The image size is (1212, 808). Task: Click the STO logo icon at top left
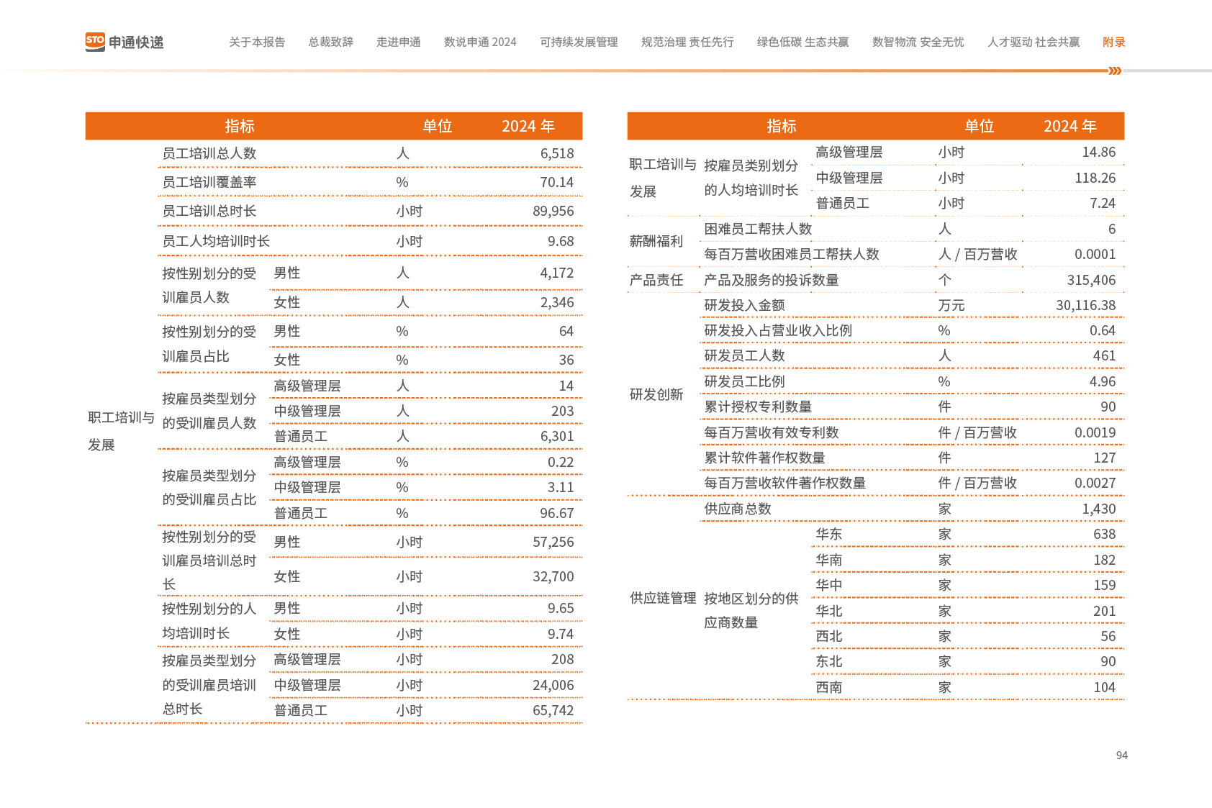(x=95, y=42)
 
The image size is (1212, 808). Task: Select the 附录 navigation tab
(x=1113, y=42)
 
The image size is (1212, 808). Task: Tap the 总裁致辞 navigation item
(x=330, y=42)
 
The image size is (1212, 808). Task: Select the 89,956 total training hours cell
(x=553, y=212)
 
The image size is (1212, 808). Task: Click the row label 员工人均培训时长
(x=216, y=242)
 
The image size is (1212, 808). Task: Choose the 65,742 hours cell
(x=553, y=711)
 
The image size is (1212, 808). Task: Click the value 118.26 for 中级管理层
(x=1095, y=178)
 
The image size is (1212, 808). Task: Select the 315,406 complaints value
(x=1091, y=281)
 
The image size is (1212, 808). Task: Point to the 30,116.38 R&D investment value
(x=1085, y=306)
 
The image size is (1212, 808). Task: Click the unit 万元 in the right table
(x=951, y=306)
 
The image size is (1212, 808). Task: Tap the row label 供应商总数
(x=737, y=509)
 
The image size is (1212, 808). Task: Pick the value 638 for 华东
(x=1104, y=535)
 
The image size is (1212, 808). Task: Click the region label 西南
(x=828, y=688)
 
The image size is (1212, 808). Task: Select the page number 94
(x=1121, y=755)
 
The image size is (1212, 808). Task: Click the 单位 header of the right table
(x=979, y=127)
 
